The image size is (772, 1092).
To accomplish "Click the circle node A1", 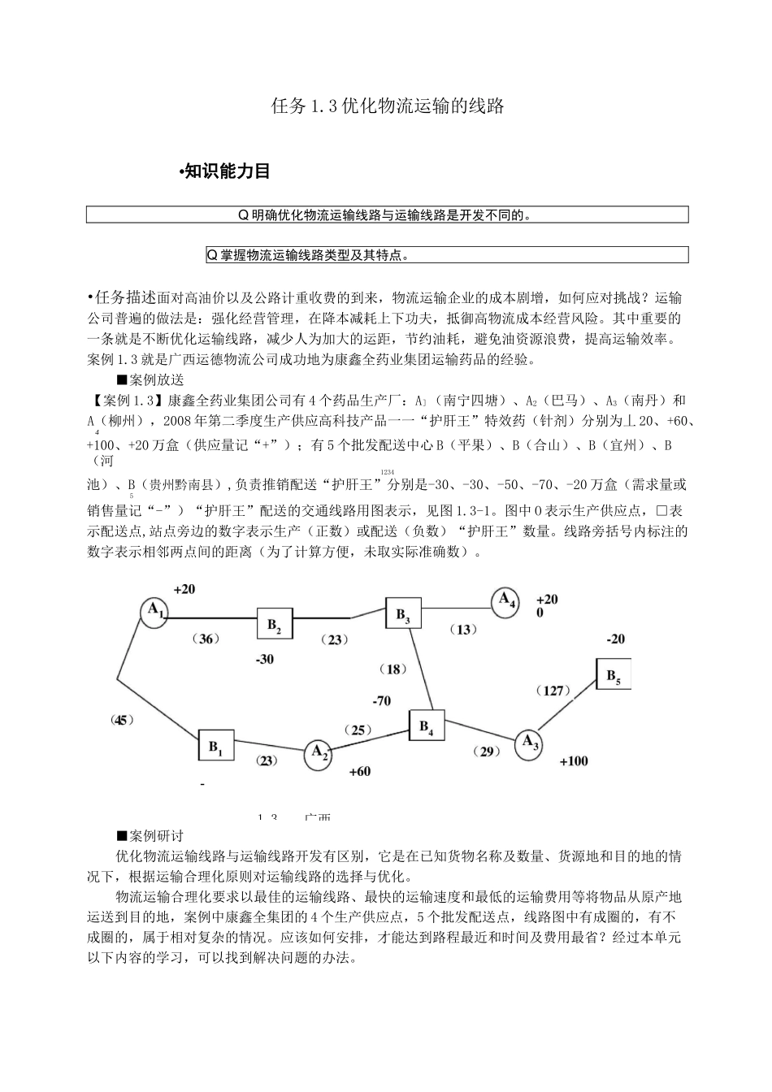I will pyautogui.click(x=154, y=612).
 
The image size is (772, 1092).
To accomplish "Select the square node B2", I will pyautogui.click(x=275, y=625).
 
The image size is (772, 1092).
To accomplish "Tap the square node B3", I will pyautogui.click(x=403, y=615).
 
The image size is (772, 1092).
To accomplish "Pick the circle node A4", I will pyautogui.click(x=506, y=601).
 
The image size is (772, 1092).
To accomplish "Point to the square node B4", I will pyautogui.click(x=427, y=727).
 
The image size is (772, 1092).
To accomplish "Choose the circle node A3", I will pyautogui.click(x=529, y=743).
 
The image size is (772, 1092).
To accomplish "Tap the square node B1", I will pyautogui.click(x=216, y=746).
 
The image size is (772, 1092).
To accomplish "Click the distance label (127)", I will pyautogui.click(x=553, y=691).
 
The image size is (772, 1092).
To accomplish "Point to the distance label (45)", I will pyautogui.click(x=121, y=719).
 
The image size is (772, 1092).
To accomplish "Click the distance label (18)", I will pyautogui.click(x=394, y=669).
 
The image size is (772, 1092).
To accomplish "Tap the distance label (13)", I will pyautogui.click(x=462, y=630).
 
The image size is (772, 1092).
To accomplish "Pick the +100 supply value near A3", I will pyautogui.click(x=574, y=761).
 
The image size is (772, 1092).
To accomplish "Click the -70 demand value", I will pyautogui.click(x=381, y=700).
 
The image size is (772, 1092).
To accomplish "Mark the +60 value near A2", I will pyautogui.click(x=358, y=771).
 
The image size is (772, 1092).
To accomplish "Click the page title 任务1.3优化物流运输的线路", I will pyautogui.click(x=386, y=106).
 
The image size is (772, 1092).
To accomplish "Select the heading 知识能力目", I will pyautogui.click(x=225, y=171).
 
